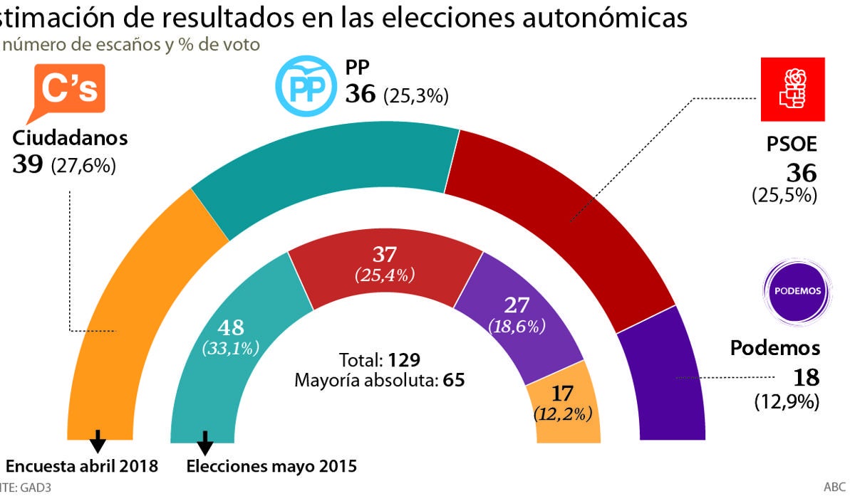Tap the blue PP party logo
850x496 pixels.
point(305,88)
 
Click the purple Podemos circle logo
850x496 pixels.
point(797,291)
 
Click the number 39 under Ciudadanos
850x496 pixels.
point(28,164)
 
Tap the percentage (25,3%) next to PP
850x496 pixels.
point(416,96)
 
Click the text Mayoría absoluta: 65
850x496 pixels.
point(379,380)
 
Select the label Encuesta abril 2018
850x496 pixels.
point(81,467)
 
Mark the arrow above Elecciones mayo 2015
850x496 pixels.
point(205,443)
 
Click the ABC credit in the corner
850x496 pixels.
point(835,487)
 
